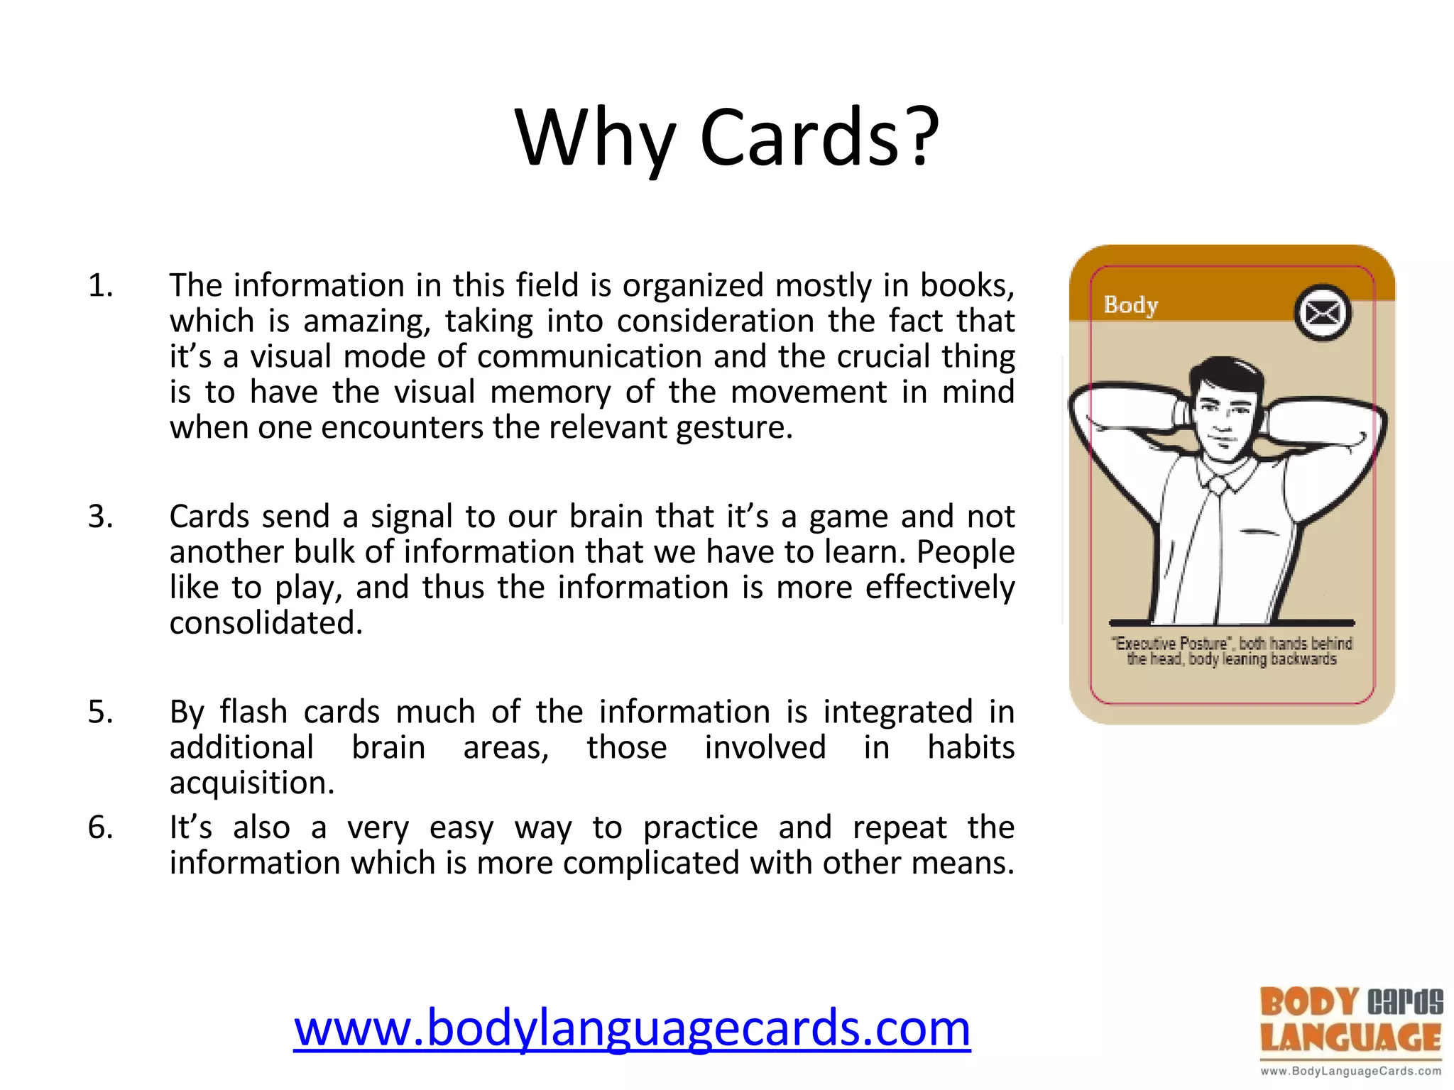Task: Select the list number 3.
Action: click(x=100, y=517)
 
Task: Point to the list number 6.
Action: click(x=100, y=827)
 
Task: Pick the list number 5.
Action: click(x=100, y=712)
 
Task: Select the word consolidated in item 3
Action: click(x=266, y=623)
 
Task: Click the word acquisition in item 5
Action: click(x=251, y=783)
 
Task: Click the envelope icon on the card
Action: click(x=1322, y=313)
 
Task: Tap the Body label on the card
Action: click(x=1130, y=305)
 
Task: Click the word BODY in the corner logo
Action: click(x=1309, y=1003)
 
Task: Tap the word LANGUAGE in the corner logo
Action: click(x=1350, y=1038)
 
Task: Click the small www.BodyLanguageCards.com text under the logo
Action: click(x=1350, y=1071)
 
